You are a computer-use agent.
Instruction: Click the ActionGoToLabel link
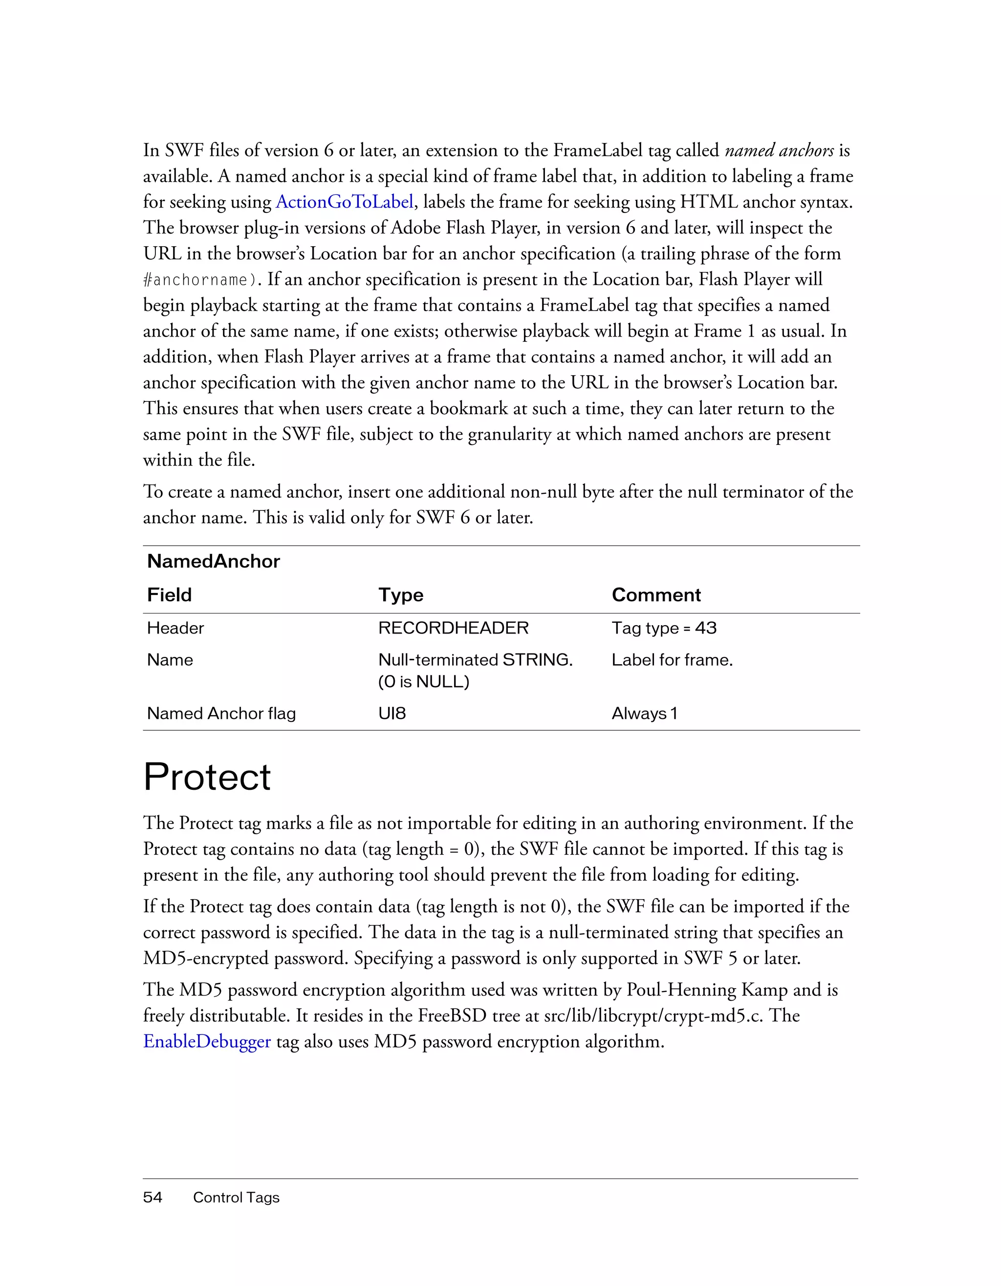click(x=345, y=202)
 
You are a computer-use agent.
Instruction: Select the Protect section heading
click(x=207, y=777)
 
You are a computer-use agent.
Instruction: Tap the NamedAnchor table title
click(x=213, y=561)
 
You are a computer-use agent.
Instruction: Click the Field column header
click(x=169, y=595)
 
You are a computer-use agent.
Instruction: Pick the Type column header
click(x=401, y=595)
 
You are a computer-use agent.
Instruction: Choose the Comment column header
click(x=656, y=595)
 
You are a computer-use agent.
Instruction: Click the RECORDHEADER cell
click(x=453, y=628)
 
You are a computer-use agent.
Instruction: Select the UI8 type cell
click(x=392, y=713)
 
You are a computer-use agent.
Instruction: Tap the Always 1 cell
click(x=644, y=713)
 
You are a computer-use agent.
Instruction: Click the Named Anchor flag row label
click(x=221, y=713)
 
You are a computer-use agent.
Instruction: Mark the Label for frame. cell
click(x=672, y=659)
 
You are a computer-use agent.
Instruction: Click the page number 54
click(x=152, y=1197)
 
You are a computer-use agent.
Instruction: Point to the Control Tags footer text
click(x=236, y=1197)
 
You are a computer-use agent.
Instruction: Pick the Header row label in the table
click(x=175, y=628)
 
